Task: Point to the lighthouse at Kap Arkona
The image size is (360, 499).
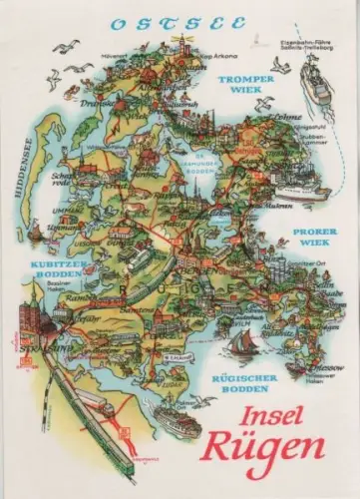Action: [x=182, y=42]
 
